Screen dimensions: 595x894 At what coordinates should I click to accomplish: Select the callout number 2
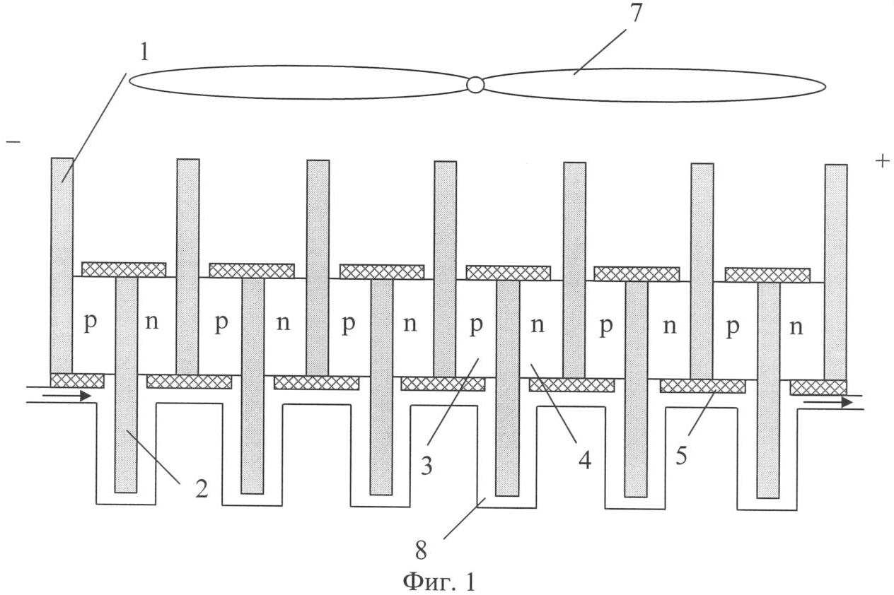[x=202, y=488]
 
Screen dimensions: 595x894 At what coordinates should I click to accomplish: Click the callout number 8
[x=421, y=550]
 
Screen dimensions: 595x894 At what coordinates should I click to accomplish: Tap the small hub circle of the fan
[x=475, y=85]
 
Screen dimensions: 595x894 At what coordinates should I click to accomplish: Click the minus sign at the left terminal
[x=13, y=142]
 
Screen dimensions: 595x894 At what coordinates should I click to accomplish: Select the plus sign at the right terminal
[x=882, y=161]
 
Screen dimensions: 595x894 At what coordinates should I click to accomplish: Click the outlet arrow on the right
[x=828, y=403]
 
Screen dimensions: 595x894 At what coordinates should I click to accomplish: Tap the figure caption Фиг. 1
[x=439, y=581]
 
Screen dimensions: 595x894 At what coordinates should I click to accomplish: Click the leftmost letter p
[x=90, y=323]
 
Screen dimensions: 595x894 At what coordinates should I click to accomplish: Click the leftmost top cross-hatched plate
[x=124, y=269]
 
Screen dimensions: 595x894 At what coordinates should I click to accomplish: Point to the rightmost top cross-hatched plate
[x=767, y=275]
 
